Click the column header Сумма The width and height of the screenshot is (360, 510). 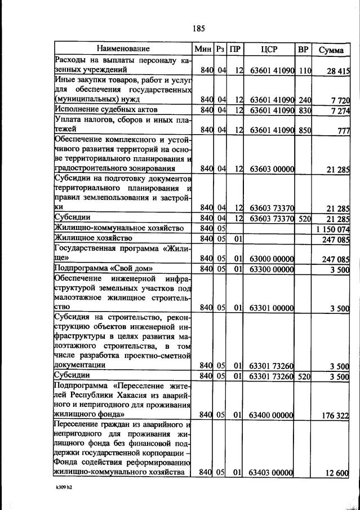(331, 49)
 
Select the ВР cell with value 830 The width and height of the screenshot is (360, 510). (305, 109)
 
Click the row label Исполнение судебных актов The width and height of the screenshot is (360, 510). (105, 109)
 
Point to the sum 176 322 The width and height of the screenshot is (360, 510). (336, 415)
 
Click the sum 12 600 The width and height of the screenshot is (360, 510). (338, 474)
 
